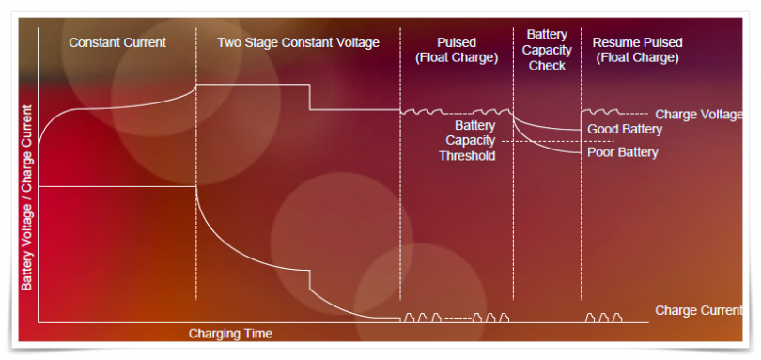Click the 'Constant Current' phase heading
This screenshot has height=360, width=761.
click(x=116, y=42)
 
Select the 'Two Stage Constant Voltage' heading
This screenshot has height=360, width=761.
click(x=298, y=42)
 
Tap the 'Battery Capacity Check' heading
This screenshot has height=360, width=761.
click(x=546, y=50)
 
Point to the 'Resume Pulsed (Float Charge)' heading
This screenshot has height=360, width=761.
click(x=637, y=50)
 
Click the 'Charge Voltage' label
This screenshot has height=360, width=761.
click(x=698, y=114)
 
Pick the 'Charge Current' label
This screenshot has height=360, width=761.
click(x=698, y=310)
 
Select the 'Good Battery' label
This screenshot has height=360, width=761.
click(x=625, y=129)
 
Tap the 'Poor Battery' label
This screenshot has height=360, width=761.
click(x=623, y=151)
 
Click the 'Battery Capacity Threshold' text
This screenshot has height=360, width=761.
click(x=467, y=140)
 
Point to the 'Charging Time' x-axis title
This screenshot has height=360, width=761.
click(x=230, y=334)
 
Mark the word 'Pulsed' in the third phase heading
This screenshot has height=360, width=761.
click(x=457, y=42)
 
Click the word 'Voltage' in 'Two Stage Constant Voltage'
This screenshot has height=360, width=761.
click(x=357, y=42)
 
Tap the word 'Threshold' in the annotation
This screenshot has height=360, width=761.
click(x=467, y=155)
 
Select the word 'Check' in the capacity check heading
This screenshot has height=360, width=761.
click(x=547, y=66)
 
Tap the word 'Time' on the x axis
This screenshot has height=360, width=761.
click(x=256, y=334)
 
